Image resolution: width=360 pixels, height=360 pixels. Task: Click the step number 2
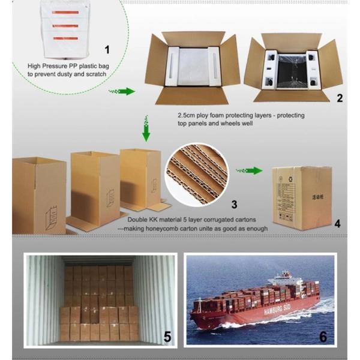[340, 97]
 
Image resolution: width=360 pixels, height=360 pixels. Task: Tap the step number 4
[337, 224]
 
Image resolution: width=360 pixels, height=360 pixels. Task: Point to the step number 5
[167, 337]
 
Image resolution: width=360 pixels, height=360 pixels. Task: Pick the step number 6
[323, 337]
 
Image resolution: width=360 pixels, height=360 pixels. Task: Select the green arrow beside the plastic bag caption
[122, 91]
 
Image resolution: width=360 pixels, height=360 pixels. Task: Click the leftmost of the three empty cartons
[39, 194]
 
